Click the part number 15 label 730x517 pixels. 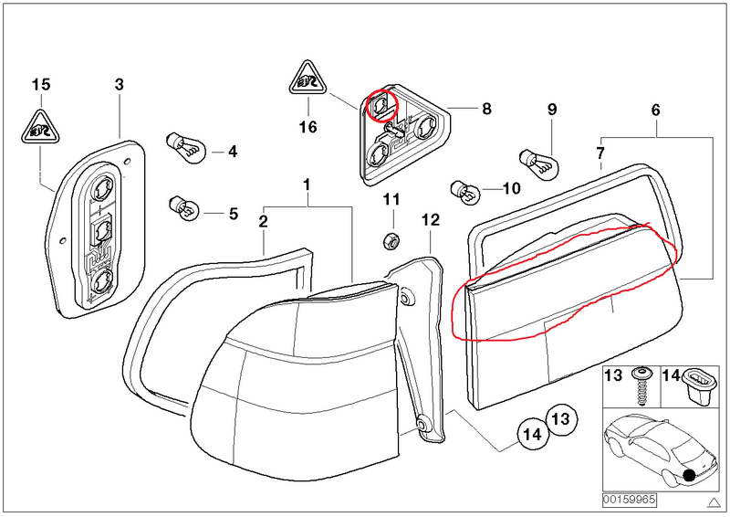tap(40, 85)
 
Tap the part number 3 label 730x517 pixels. tap(119, 85)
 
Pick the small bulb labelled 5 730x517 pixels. tap(182, 208)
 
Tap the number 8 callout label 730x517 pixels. tap(486, 109)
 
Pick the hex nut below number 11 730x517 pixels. tap(390, 240)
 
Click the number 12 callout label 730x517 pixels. tap(431, 219)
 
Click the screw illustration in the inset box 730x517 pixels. tap(642, 387)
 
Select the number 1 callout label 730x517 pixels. tap(308, 185)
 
